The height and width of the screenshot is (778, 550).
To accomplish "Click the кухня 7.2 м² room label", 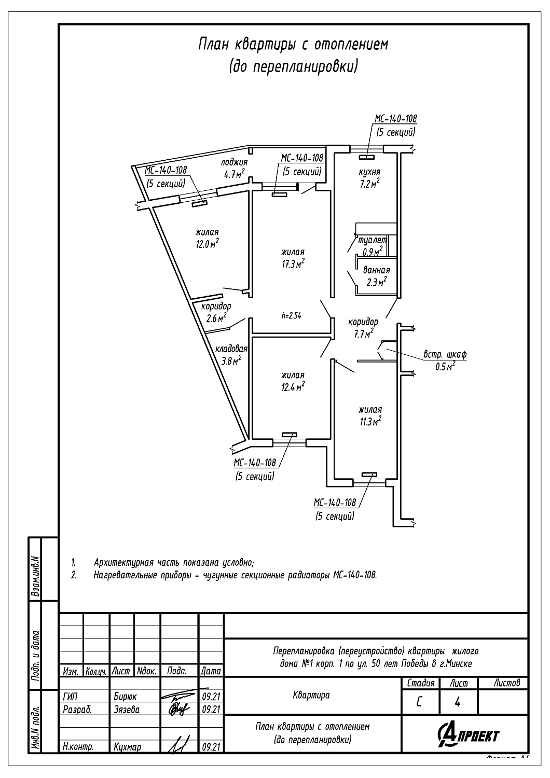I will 370,177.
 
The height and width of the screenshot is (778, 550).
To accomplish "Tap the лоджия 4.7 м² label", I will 233,169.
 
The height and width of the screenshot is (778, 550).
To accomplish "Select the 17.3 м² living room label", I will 293,258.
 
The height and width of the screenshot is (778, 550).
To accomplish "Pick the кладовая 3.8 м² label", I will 231,355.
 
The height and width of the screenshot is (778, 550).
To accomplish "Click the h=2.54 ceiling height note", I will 292,315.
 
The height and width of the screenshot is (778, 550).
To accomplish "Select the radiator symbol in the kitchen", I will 368,156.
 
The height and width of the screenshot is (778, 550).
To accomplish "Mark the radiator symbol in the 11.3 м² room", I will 369,475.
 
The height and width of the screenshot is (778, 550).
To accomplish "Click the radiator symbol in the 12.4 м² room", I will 289,435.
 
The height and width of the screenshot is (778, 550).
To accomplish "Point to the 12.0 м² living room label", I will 207,238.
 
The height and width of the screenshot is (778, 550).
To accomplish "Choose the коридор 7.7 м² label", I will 363,328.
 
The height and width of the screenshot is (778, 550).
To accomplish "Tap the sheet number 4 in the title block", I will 458,703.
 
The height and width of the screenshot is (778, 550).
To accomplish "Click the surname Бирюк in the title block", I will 125,697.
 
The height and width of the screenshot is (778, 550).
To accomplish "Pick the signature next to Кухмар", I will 178,745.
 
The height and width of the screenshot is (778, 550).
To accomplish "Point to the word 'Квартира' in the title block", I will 311,695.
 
